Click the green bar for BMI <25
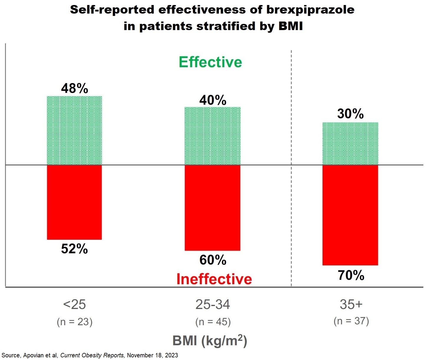click(x=74, y=130)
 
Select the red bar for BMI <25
click(x=74, y=202)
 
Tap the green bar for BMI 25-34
click(x=212, y=136)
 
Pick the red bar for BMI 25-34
click(x=212, y=208)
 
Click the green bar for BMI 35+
click(x=350, y=144)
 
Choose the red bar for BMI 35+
click(x=350, y=215)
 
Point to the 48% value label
click(x=75, y=88)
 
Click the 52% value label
click(x=74, y=249)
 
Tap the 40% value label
click(x=213, y=100)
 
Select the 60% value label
click(x=213, y=260)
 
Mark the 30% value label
click(x=351, y=114)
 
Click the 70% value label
click(x=351, y=275)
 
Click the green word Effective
click(x=210, y=62)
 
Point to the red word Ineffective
click(x=214, y=279)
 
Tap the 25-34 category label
click(x=213, y=304)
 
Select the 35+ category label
click(x=351, y=304)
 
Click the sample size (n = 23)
click(x=75, y=322)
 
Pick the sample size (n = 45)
click(x=213, y=322)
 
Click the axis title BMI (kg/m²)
click(x=210, y=341)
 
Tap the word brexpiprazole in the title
click(x=310, y=10)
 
